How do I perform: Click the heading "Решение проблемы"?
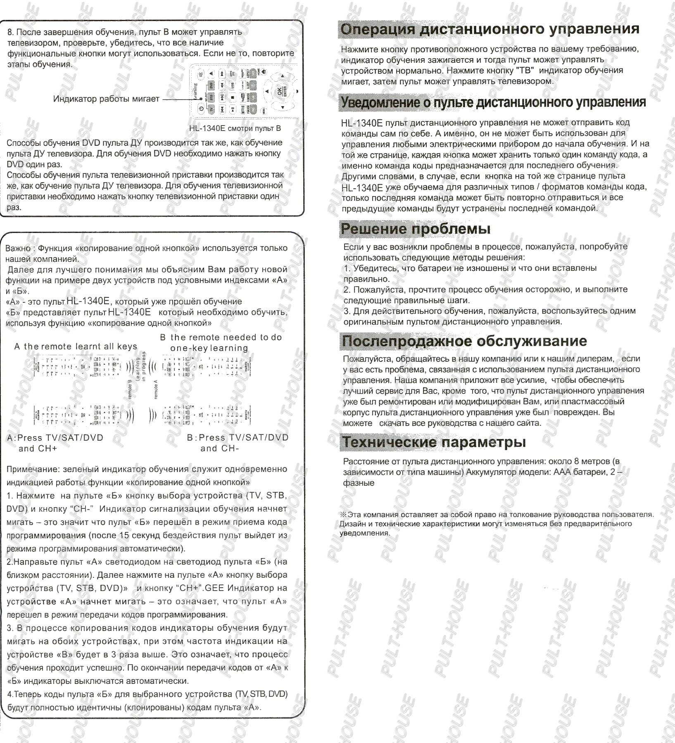pyautogui.click(x=415, y=229)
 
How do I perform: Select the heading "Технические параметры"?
pyautogui.click(x=434, y=442)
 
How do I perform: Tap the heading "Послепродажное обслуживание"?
pyautogui.click(x=464, y=341)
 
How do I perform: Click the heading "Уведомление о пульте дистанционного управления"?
pyautogui.click(x=493, y=102)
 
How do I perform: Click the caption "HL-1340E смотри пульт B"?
pyautogui.click(x=235, y=128)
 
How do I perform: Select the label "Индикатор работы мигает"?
pyautogui.click(x=106, y=99)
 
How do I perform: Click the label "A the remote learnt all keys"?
pyautogui.click(x=76, y=347)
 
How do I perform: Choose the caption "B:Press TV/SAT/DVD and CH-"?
pyautogui.click(x=237, y=443)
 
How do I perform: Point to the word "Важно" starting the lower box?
pyautogui.click(x=18, y=248)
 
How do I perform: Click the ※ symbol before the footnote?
pyautogui.click(x=343, y=515)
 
